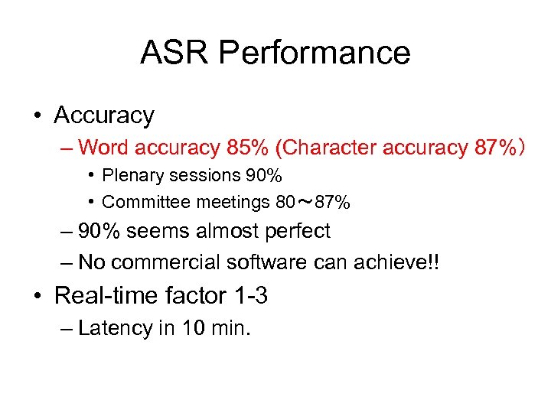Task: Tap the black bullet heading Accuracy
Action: coord(104,115)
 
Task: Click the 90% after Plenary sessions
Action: coord(264,176)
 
